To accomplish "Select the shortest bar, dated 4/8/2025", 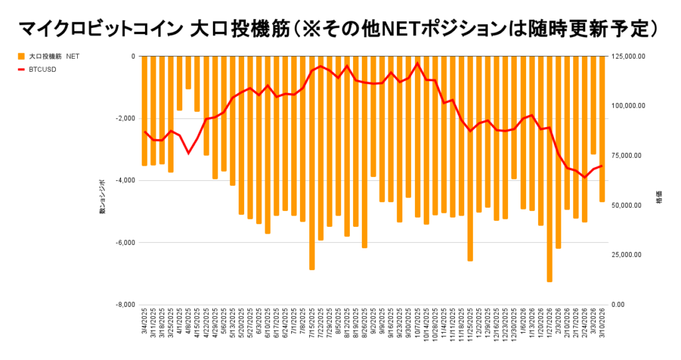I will [x=188, y=73].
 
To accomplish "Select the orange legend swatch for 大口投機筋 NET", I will [x=21, y=57].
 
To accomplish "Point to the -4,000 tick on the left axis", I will [x=124, y=180].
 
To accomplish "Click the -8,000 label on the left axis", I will [x=124, y=305].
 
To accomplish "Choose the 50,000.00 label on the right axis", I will [x=627, y=206].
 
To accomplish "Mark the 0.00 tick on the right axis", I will [x=618, y=305].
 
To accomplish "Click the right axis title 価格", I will [x=659, y=199].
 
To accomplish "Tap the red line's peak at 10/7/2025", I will [x=417, y=63].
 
